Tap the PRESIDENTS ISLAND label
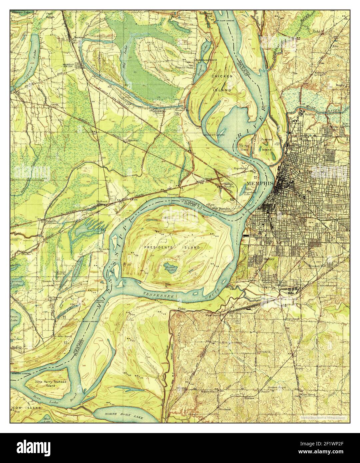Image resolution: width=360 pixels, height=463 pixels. pos(172,247)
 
